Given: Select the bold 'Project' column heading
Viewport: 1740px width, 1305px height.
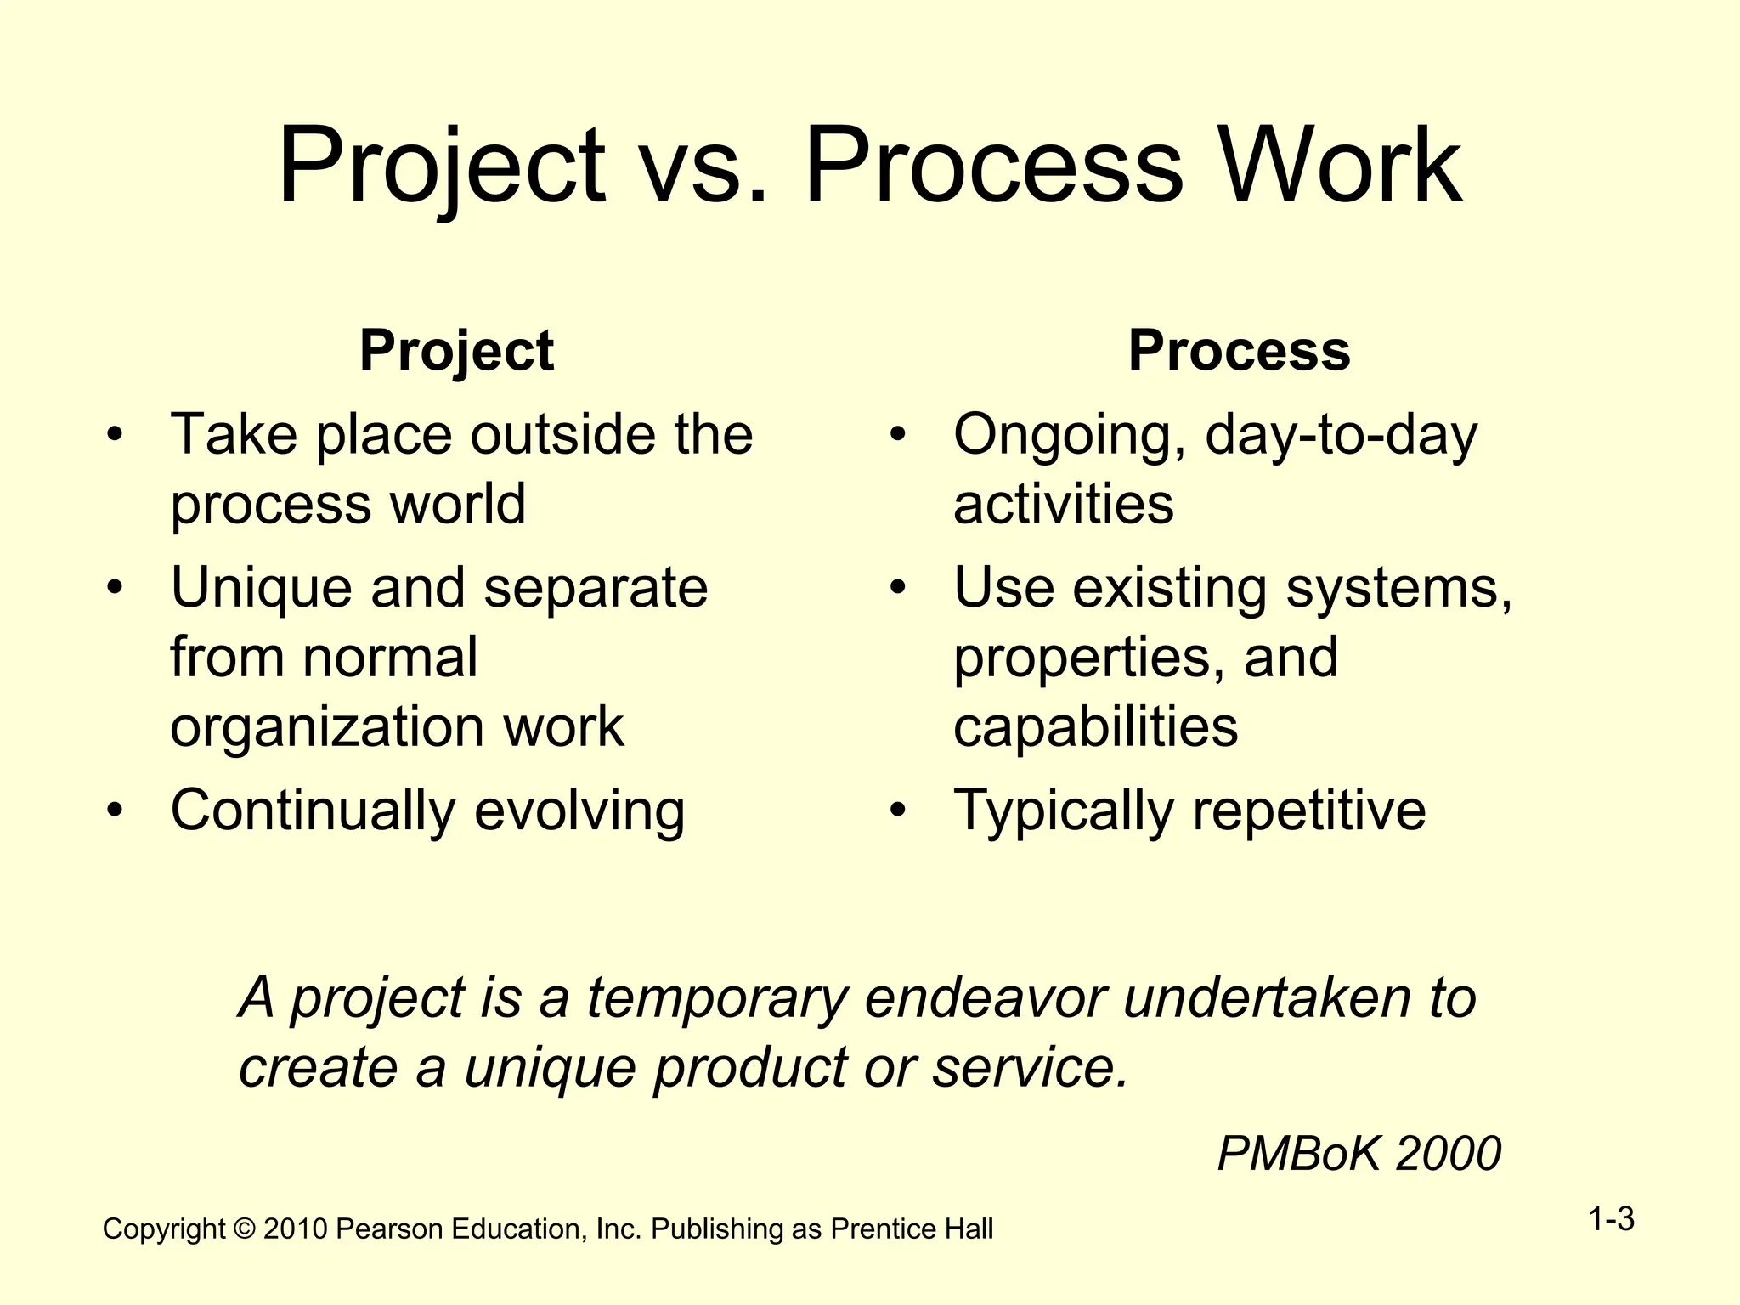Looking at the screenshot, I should tap(456, 350).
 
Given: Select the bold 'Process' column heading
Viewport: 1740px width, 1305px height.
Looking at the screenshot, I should tap(1239, 350).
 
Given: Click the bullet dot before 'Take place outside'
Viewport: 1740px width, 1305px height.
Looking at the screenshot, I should tap(115, 436).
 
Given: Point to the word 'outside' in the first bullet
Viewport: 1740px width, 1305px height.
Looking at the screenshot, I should tap(563, 434).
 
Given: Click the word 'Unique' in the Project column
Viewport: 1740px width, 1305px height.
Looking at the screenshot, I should tap(261, 589).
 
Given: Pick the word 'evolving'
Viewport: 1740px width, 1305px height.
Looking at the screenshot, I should tap(579, 811).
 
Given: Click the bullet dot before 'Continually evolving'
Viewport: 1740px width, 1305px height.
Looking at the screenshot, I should tap(115, 811).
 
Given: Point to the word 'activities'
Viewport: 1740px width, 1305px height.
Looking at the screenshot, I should tap(1064, 505).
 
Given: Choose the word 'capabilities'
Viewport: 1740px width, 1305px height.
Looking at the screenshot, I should tap(1096, 727).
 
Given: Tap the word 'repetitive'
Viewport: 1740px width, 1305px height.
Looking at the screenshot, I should tap(1309, 811).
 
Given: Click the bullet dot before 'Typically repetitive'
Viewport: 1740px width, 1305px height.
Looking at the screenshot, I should tap(898, 811).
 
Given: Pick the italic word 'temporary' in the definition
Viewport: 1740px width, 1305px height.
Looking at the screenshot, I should tap(718, 998).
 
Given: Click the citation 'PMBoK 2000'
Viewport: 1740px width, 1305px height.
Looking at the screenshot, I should tap(1359, 1154).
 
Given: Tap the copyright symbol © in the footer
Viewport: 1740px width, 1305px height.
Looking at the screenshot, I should tap(244, 1229).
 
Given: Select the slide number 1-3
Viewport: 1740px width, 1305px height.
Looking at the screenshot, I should tap(1611, 1220).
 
